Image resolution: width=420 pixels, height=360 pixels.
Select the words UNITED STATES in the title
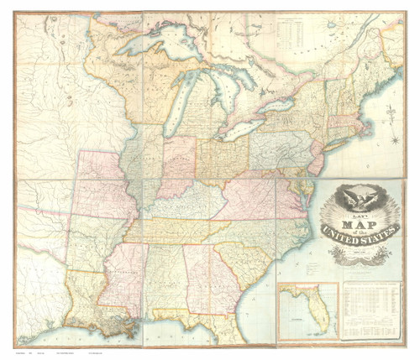(x=363, y=237)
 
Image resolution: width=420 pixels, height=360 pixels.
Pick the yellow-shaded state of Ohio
(x=222, y=159)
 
